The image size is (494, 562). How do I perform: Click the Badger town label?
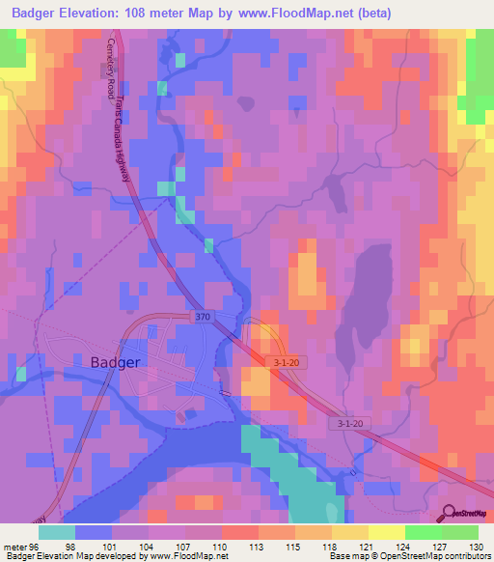tap(116, 362)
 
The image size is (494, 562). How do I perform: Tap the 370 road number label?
tap(200, 316)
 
